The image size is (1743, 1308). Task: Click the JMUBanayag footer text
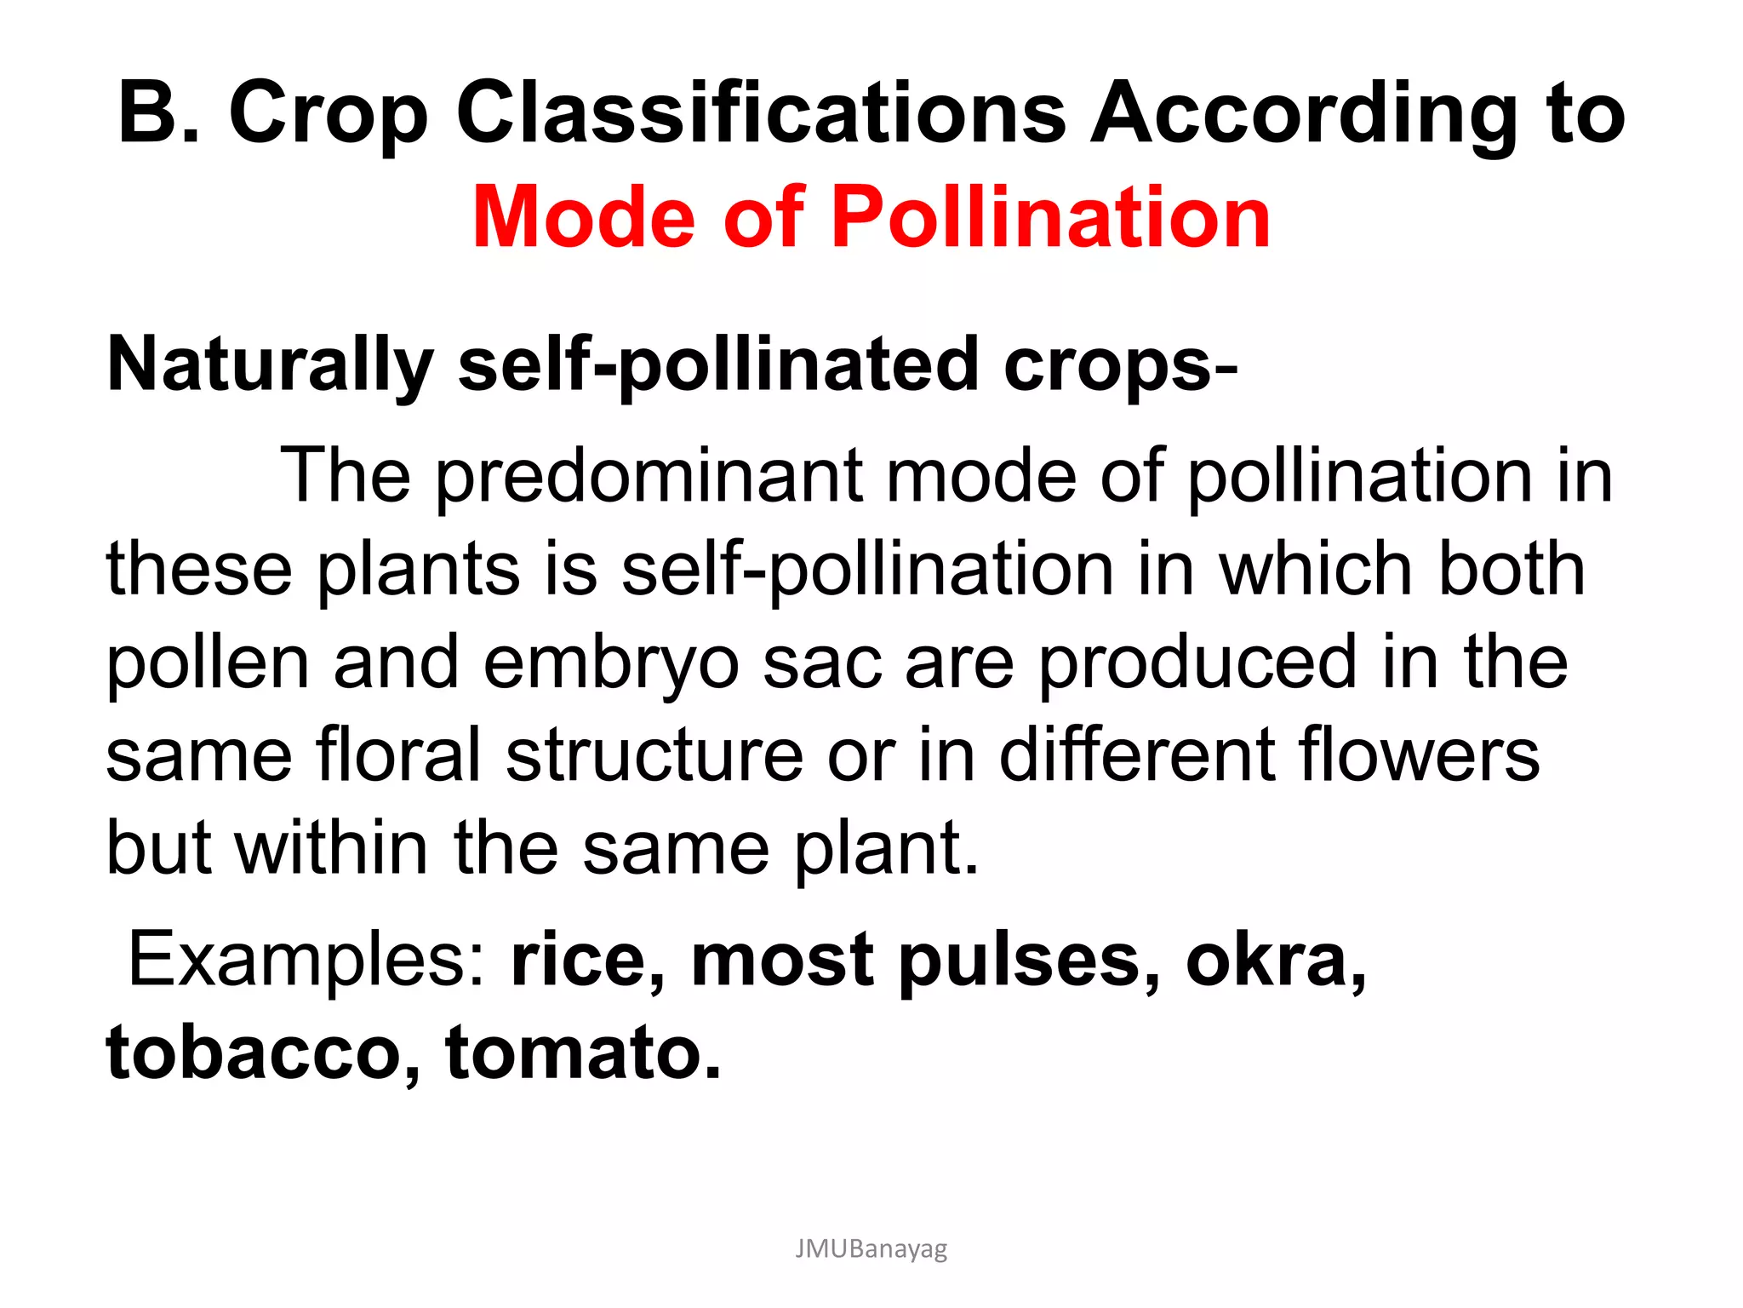pos(871,1249)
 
